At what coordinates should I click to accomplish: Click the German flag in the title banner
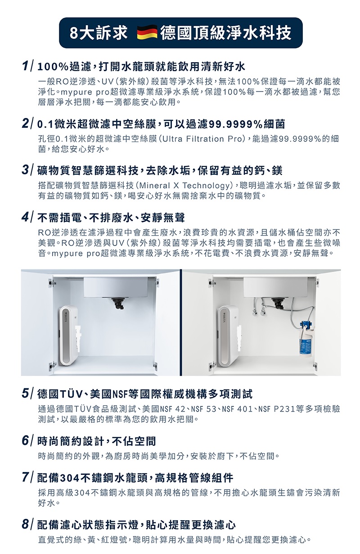(x=147, y=32)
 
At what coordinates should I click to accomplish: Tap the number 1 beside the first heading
(x=24, y=66)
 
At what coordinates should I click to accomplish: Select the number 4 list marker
(x=25, y=218)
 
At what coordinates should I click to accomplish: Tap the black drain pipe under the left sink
(x=117, y=304)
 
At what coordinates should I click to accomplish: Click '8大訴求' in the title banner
(x=99, y=32)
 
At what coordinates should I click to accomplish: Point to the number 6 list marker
(x=25, y=440)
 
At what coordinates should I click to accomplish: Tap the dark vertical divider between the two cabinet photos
(x=181, y=322)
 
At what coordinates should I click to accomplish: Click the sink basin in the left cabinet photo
(x=116, y=287)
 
